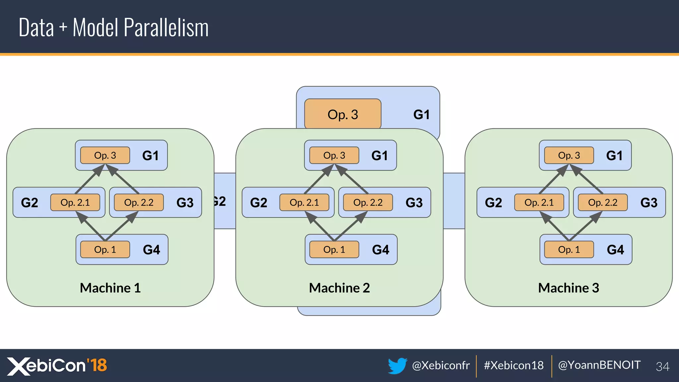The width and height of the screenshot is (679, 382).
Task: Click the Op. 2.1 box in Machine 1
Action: click(75, 202)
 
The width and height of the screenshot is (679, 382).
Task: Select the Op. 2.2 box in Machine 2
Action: click(368, 202)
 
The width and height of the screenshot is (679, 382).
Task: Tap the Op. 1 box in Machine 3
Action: click(569, 249)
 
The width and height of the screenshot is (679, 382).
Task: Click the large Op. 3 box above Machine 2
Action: click(342, 114)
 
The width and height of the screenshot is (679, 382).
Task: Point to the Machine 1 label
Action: click(110, 288)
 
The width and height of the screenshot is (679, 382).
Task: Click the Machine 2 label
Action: click(339, 288)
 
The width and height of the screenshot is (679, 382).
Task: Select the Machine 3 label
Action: click(569, 288)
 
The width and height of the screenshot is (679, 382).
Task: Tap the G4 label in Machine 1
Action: click(151, 250)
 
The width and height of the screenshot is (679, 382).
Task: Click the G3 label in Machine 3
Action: click(648, 203)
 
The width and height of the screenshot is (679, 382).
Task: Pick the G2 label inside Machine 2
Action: click(258, 203)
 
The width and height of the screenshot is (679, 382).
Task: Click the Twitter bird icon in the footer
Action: click(397, 365)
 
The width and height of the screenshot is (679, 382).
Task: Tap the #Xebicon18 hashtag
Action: click(514, 365)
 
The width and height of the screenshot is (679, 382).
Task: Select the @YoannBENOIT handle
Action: click(599, 365)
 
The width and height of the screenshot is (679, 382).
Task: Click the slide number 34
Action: click(662, 366)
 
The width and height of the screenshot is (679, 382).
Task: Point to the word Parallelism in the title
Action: click(166, 28)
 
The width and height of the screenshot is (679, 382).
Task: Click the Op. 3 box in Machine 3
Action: click(569, 155)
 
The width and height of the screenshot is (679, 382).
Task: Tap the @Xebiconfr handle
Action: click(441, 365)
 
